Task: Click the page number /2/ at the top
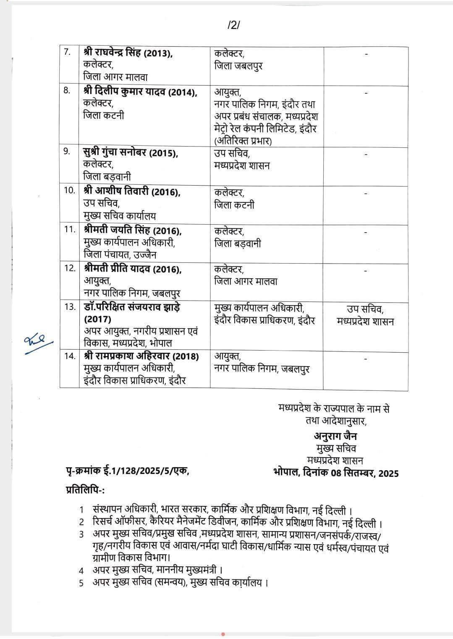[233, 25]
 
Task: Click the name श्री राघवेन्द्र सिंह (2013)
[128, 54]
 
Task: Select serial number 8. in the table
[67, 91]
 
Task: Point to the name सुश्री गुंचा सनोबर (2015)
[131, 153]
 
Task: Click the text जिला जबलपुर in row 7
[238, 66]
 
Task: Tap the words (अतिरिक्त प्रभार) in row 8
[243, 141]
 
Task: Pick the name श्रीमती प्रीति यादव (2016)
[133, 269]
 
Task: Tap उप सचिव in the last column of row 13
[365, 310]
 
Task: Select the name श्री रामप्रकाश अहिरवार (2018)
[141, 356]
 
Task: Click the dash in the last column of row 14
[366, 359]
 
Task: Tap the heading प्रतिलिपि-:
[85, 490]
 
